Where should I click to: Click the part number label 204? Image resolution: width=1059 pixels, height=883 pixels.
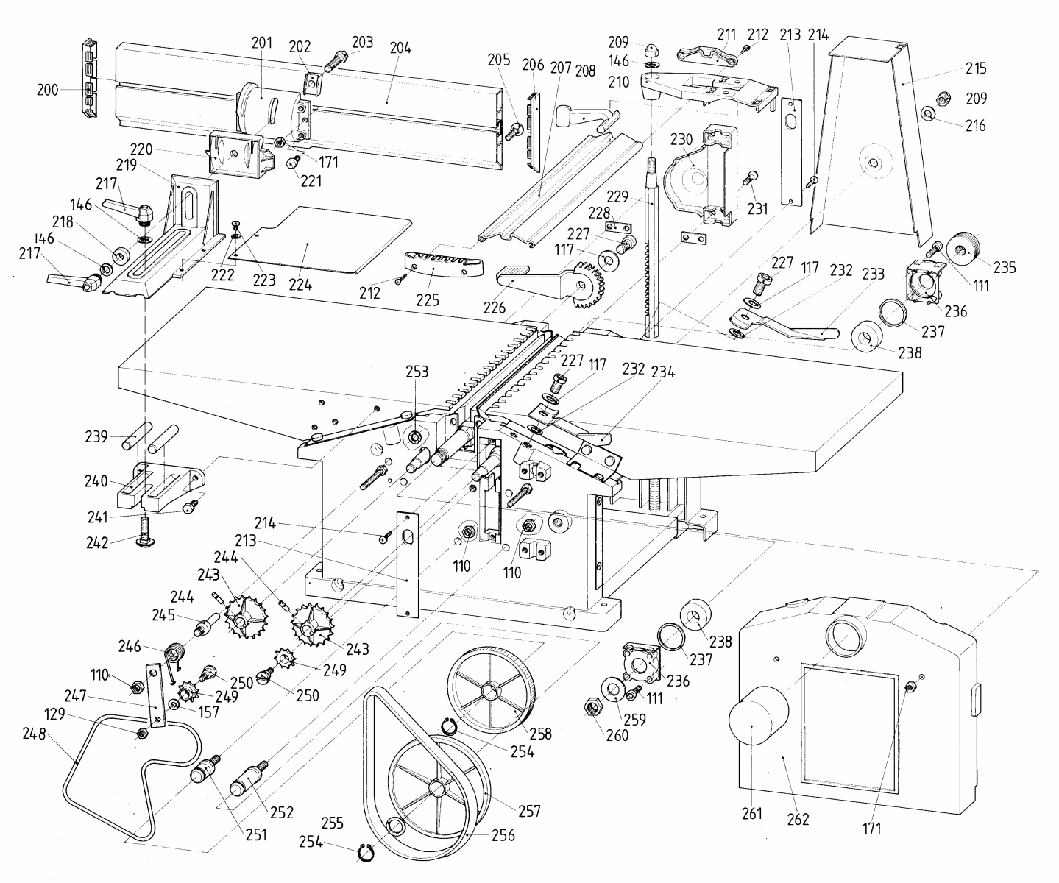[400, 48]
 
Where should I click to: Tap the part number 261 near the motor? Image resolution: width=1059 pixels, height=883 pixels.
[751, 814]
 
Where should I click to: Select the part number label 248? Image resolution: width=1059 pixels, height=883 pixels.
[34, 734]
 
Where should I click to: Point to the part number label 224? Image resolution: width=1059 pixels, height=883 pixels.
[300, 285]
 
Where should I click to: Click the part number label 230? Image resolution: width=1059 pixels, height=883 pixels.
[681, 140]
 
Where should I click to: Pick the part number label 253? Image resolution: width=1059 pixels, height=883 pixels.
[417, 372]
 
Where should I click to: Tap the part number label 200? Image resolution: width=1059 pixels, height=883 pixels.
[48, 91]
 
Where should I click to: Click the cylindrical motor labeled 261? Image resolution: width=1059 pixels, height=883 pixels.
[758, 716]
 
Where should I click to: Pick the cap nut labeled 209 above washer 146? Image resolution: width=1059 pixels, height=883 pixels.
[651, 52]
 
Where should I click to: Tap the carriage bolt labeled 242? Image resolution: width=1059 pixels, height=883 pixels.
[145, 531]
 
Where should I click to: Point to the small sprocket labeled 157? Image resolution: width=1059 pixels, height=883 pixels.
[174, 705]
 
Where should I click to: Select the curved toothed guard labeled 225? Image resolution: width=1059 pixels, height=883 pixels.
[443, 265]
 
